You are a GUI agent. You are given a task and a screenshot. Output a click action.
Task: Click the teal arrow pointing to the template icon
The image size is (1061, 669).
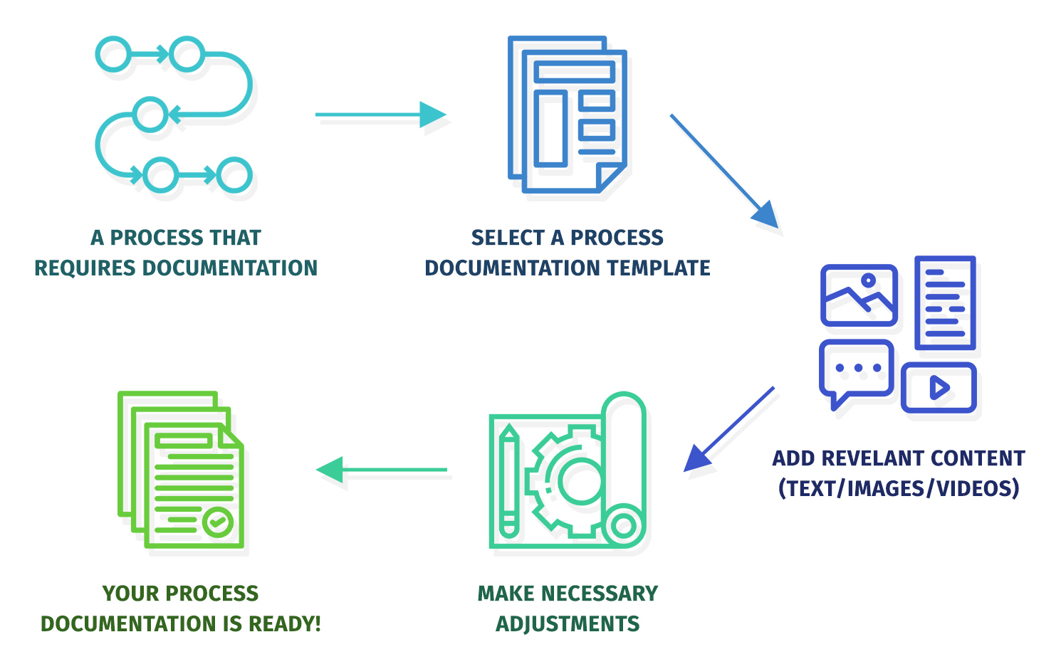pos(380,115)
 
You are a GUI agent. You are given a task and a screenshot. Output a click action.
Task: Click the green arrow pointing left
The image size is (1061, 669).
pos(382,470)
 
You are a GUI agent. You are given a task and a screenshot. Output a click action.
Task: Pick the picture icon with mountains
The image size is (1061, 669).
pos(859,295)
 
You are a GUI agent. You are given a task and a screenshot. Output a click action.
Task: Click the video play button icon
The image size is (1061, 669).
pos(939,388)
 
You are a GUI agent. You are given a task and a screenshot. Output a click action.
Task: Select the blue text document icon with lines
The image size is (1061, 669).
pos(945,302)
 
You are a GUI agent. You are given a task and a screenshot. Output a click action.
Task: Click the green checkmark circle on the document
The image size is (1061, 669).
pos(218,522)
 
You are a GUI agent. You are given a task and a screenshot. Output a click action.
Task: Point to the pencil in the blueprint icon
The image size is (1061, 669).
pos(508,480)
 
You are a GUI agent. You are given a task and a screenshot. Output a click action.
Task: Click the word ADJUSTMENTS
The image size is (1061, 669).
pos(568,624)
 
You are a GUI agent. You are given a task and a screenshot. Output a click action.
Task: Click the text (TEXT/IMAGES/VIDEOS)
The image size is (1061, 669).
pos(899,489)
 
